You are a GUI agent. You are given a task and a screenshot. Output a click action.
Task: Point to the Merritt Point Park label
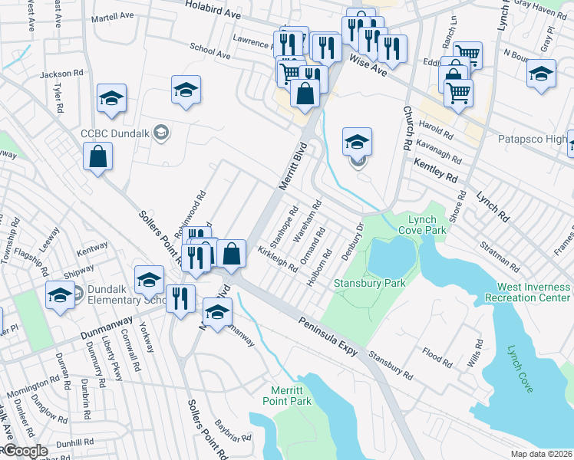pos(291,396)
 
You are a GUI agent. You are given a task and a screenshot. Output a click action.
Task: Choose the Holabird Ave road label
pos(213,10)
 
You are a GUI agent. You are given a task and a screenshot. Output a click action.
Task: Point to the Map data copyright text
pos(542,454)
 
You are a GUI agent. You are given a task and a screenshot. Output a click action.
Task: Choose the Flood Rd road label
pos(437,356)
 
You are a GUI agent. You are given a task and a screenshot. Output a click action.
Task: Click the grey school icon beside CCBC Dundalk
pos(161,133)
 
